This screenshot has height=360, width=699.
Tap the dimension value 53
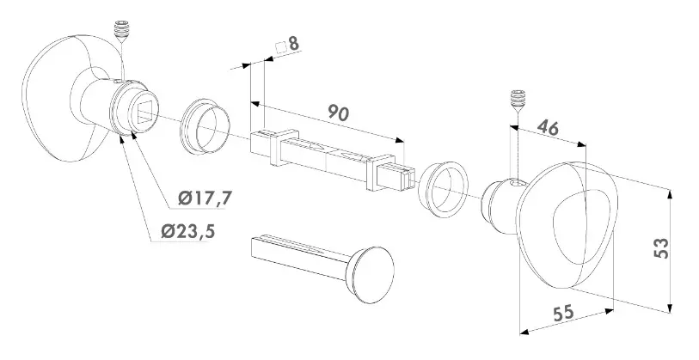pyautogui.click(x=660, y=248)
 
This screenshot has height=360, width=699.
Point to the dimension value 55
pyautogui.click(x=563, y=314)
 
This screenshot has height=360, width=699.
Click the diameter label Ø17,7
pyautogui.click(x=206, y=198)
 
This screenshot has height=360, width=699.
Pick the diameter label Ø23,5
pyautogui.click(x=187, y=232)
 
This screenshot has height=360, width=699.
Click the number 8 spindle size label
pyautogui.click(x=294, y=42)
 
